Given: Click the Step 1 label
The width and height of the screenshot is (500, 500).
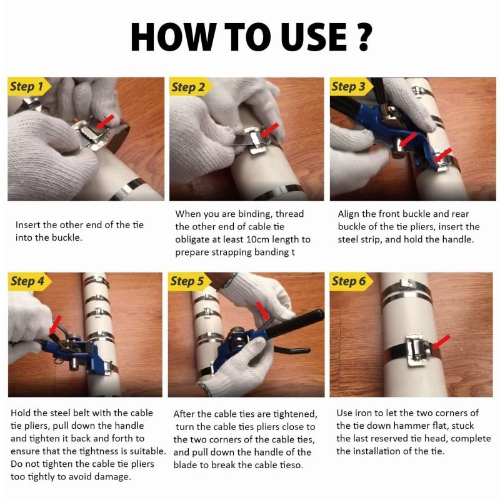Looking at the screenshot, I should (27, 86).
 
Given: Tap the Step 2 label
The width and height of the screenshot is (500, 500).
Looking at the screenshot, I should (188, 87).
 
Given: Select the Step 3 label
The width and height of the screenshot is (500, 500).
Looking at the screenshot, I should (348, 86).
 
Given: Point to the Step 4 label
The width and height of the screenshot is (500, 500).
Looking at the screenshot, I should (27, 281).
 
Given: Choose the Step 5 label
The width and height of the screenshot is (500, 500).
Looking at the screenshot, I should (187, 281).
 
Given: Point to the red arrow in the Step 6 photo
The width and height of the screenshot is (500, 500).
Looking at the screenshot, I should (439, 342).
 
